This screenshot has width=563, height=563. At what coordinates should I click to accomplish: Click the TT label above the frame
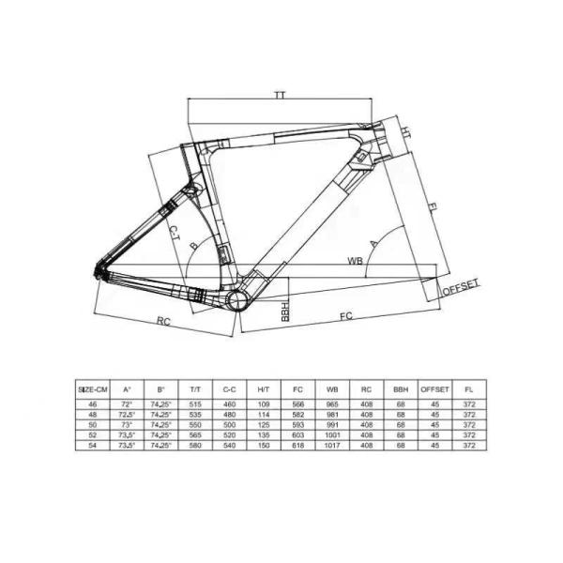tap(280, 96)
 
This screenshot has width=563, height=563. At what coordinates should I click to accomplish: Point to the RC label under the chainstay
tap(163, 322)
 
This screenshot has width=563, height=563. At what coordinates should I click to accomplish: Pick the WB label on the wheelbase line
tap(355, 260)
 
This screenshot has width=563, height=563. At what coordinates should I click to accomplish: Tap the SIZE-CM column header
tap(94, 388)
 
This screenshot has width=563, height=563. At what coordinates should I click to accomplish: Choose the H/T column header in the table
tap(263, 388)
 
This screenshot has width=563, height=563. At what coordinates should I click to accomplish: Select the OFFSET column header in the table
tap(434, 388)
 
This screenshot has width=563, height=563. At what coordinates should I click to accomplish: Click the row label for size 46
tap(94, 402)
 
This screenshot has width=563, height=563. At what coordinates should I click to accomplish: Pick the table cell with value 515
tap(196, 402)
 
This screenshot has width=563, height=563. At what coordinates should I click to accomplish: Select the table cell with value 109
tap(263, 402)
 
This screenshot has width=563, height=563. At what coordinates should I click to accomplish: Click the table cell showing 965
tap(330, 402)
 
